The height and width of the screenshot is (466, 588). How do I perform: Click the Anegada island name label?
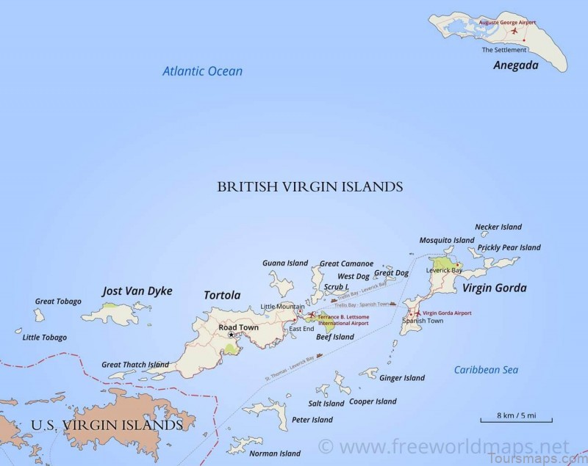point(516,65)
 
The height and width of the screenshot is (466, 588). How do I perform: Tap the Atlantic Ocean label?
point(203,71)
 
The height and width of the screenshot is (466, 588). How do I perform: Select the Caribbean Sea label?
point(486,370)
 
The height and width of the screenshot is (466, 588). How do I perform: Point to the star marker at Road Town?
point(231,335)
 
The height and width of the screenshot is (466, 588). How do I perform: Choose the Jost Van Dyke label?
point(137,291)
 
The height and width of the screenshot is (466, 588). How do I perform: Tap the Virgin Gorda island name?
point(494,288)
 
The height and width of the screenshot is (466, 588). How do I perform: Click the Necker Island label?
point(498,227)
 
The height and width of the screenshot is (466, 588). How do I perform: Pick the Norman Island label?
point(275,453)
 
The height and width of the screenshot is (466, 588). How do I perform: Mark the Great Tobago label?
point(58,301)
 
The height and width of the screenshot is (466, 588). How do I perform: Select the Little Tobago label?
point(45,338)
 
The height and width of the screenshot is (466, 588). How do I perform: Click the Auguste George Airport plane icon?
point(514,31)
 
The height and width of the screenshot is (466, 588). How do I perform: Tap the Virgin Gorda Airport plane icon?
point(417,313)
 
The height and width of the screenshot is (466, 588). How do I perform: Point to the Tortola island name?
point(222,295)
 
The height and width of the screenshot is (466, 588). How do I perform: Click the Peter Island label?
point(312,420)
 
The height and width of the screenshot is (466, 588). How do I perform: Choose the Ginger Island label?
point(402,378)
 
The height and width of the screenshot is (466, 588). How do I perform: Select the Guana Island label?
point(285,263)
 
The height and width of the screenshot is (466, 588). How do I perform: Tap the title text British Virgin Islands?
point(309,187)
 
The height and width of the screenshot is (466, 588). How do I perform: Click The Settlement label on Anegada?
point(504,50)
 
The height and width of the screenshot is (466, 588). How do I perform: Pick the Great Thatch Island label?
point(135,364)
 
